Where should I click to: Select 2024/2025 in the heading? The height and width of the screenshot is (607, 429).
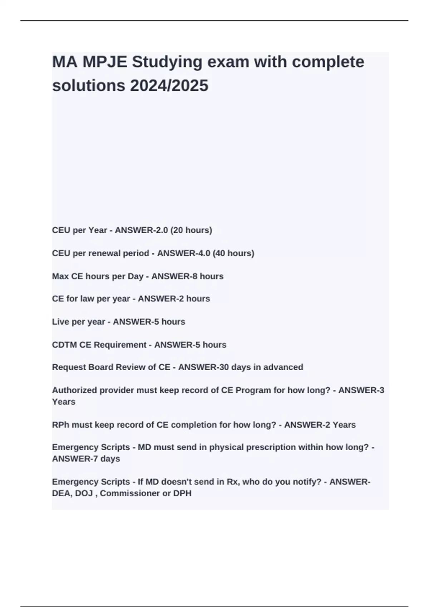coord(169,86)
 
